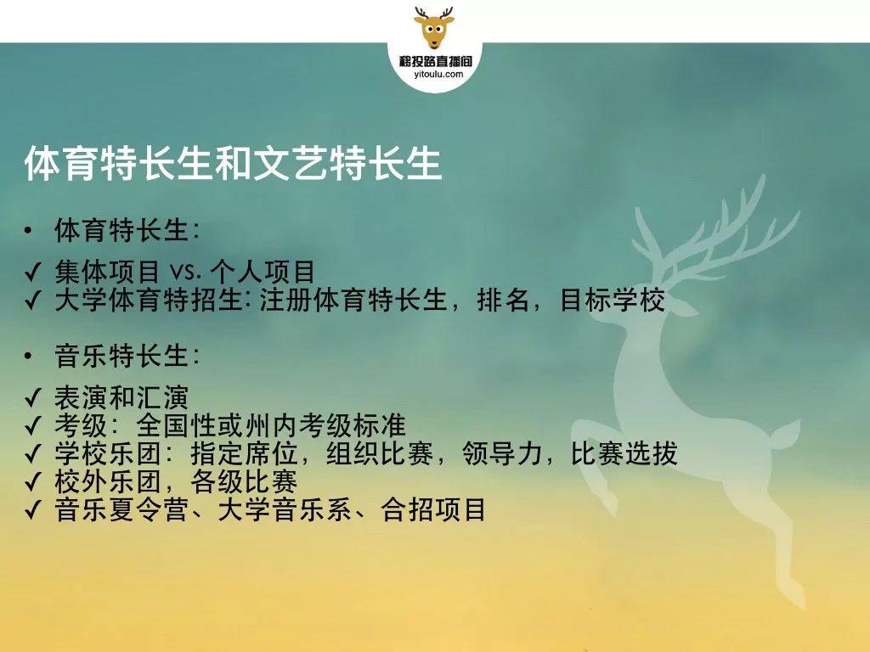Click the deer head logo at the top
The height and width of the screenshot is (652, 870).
pyautogui.click(x=434, y=28)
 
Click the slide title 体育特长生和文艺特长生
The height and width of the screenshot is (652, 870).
pyautogui.click(x=233, y=163)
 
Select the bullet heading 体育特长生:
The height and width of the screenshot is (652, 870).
pyautogui.click(x=127, y=230)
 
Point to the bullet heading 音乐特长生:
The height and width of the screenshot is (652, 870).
pyautogui.click(x=127, y=356)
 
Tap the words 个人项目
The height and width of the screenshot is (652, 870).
pyautogui.click(x=263, y=272)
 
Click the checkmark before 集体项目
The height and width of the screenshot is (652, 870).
pyautogui.click(x=33, y=273)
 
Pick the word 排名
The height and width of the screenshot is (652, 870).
pyautogui.click(x=503, y=300)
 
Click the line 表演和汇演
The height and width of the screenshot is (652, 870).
pyautogui.click(x=121, y=397)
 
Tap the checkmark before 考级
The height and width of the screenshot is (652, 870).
pyautogui.click(x=33, y=426)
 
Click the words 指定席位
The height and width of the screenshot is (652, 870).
pyautogui.click(x=245, y=453)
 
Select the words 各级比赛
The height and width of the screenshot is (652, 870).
pyautogui.click(x=244, y=481)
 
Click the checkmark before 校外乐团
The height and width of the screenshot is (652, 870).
pyautogui.click(x=33, y=482)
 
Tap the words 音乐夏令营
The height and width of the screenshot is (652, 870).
pyautogui.click(x=121, y=509)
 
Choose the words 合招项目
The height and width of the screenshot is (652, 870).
pyautogui.click(x=433, y=509)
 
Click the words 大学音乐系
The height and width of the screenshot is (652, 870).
pyautogui.click(x=285, y=509)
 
